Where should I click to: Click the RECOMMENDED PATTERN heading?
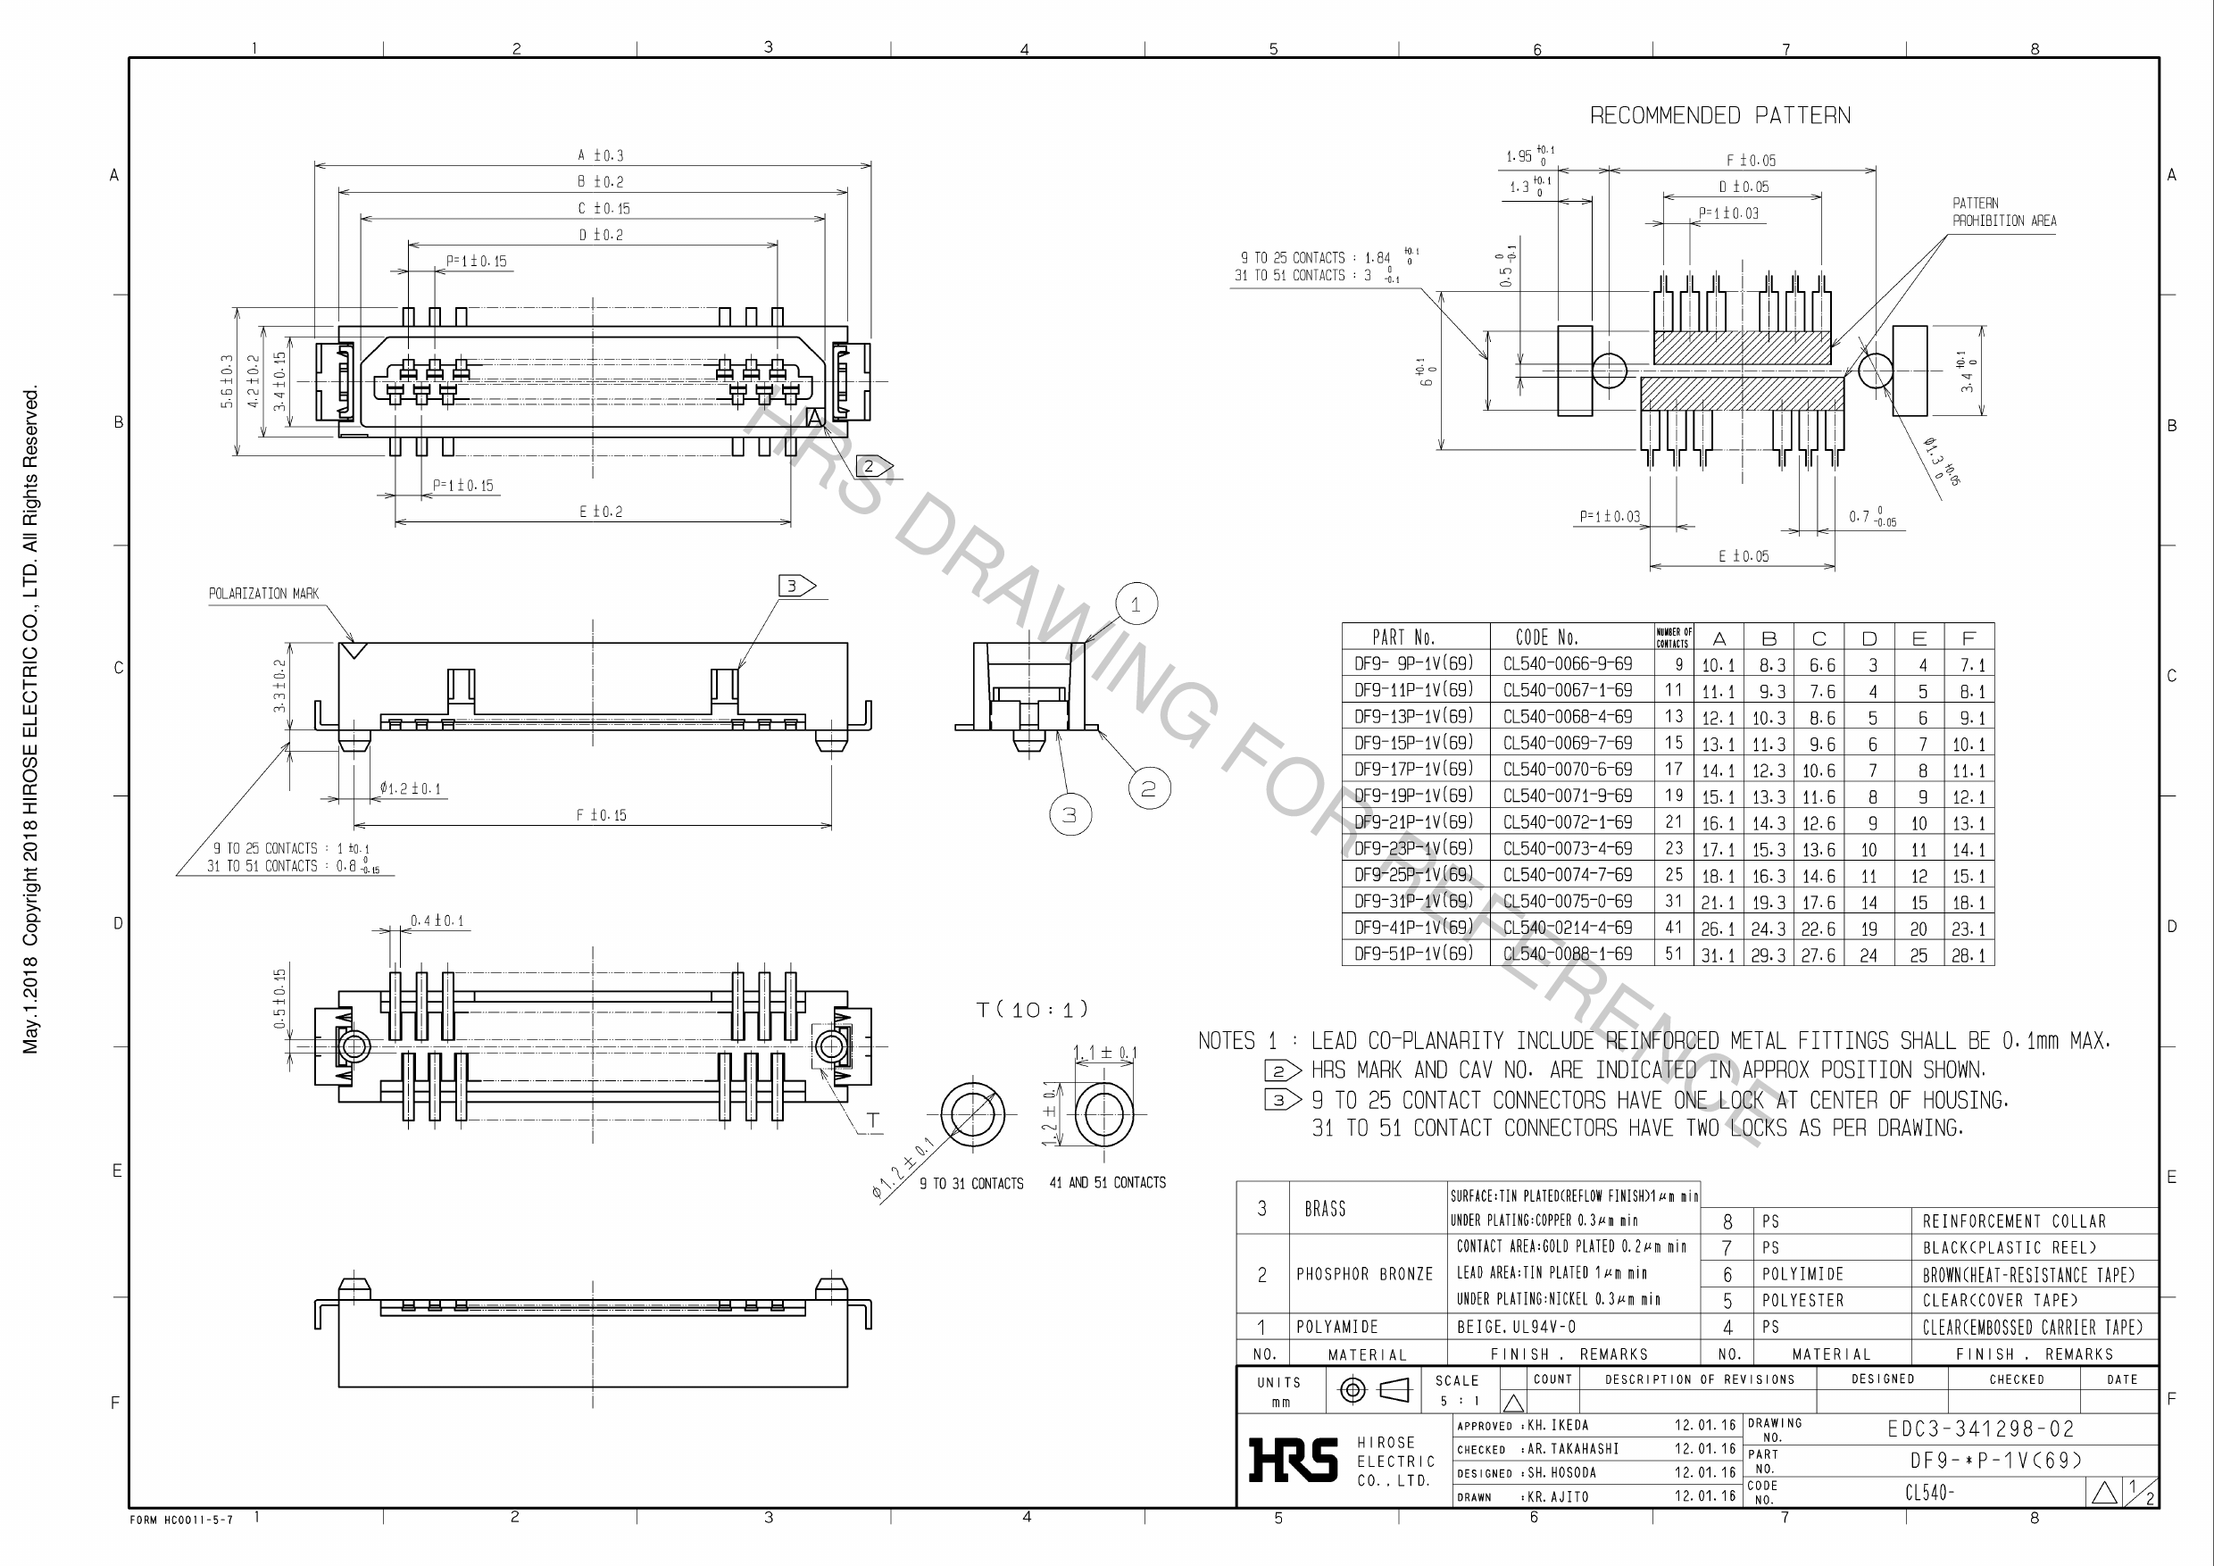click(x=1719, y=116)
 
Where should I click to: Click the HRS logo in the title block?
click(x=1293, y=1459)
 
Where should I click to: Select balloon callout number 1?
click(x=1135, y=604)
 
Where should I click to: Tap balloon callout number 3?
click(x=1070, y=815)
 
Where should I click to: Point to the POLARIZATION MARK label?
click(x=263, y=593)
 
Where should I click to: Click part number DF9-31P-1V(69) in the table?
click(x=1413, y=901)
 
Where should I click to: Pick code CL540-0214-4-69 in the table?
click(x=1567, y=928)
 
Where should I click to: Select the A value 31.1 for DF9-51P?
click(x=1718, y=954)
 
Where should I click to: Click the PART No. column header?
click(x=1403, y=637)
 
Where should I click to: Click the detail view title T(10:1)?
click(x=1032, y=1010)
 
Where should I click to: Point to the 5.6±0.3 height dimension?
click(x=228, y=381)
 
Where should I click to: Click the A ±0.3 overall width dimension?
click(x=600, y=155)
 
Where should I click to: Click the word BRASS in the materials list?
click(x=1325, y=1209)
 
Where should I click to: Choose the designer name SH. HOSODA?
click(x=1561, y=1472)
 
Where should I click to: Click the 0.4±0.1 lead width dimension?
click(x=437, y=920)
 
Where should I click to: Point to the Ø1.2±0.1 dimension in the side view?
click(x=410, y=788)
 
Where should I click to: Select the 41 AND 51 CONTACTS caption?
click(x=1107, y=1182)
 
